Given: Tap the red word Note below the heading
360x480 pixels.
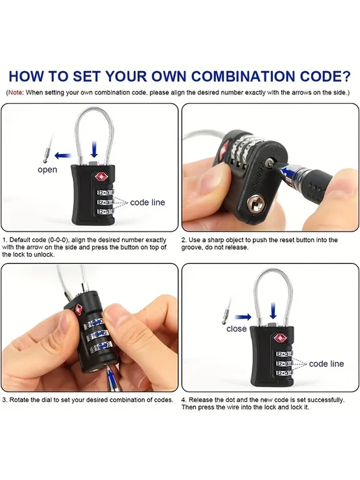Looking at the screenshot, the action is tap(15, 93).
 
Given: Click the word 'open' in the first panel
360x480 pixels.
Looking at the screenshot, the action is tap(47, 170).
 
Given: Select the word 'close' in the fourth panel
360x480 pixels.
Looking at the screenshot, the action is tap(237, 329).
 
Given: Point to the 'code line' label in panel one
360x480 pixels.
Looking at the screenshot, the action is tap(147, 202).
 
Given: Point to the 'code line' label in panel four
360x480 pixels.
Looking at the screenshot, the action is tap(327, 363).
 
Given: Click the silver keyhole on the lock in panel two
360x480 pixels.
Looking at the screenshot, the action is tap(255, 202).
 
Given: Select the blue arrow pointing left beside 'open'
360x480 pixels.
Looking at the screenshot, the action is tap(63, 156).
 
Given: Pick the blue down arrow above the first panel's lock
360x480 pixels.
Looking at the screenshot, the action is tap(95, 149).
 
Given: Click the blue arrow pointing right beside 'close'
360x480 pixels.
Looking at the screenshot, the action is tap(243, 317).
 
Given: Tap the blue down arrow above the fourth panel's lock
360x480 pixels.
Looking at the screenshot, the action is tap(273, 310).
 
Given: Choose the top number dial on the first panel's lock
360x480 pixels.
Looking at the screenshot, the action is tap(105, 193).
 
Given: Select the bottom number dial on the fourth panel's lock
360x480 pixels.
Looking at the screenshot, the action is tap(285, 373).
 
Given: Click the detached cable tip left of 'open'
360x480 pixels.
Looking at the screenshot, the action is tap(46, 155).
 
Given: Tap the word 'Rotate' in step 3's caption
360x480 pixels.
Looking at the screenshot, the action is tap(17, 400).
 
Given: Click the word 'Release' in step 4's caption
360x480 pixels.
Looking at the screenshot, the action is tap(200, 400).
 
